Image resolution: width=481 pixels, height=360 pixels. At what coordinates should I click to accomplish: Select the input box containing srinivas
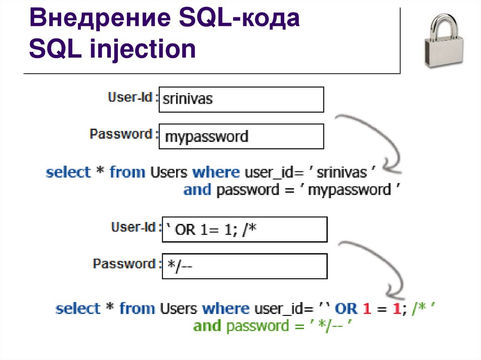(x=241, y=99)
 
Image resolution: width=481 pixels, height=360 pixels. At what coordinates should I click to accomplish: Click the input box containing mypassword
(x=241, y=136)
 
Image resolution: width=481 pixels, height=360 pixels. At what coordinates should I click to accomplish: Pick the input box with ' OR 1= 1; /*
(x=244, y=230)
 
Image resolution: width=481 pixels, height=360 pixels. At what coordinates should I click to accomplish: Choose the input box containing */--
(x=244, y=266)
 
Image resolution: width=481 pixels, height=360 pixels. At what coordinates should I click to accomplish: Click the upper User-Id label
(x=130, y=97)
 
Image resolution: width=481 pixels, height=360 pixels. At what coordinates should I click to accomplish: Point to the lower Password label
(x=124, y=264)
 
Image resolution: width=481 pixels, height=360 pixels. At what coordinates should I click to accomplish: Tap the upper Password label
(x=121, y=134)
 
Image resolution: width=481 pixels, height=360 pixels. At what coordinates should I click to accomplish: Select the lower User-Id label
(x=133, y=227)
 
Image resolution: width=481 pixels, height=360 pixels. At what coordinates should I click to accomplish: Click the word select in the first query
(x=68, y=172)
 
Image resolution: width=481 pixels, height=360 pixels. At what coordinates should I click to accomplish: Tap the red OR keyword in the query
(x=347, y=308)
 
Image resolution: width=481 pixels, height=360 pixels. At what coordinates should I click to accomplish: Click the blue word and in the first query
(x=198, y=190)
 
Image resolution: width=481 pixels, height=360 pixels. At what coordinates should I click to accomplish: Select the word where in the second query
(x=226, y=308)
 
